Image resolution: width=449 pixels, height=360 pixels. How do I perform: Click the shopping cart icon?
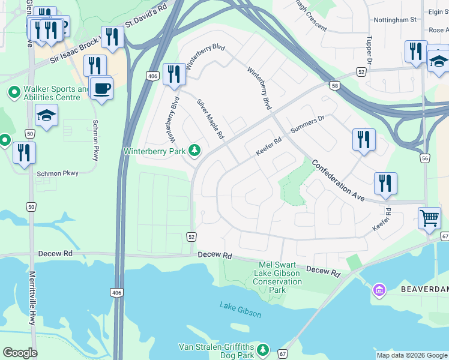430,218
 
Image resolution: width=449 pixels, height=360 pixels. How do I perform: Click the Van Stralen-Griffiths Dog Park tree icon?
262,349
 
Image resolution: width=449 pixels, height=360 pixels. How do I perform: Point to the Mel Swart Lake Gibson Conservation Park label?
280,277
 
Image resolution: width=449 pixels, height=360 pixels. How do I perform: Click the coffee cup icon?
101,88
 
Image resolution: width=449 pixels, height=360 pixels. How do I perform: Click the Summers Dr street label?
307,124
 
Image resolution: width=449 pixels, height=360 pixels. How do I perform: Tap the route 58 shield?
334,86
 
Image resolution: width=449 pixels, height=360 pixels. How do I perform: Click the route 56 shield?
425,158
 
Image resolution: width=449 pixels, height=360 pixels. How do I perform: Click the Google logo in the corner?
20,353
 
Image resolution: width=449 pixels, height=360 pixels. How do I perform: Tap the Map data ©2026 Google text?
411,355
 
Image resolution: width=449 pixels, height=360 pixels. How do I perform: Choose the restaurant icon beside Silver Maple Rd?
174,74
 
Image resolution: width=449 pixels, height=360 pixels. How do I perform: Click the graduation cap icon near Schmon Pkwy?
46,115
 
